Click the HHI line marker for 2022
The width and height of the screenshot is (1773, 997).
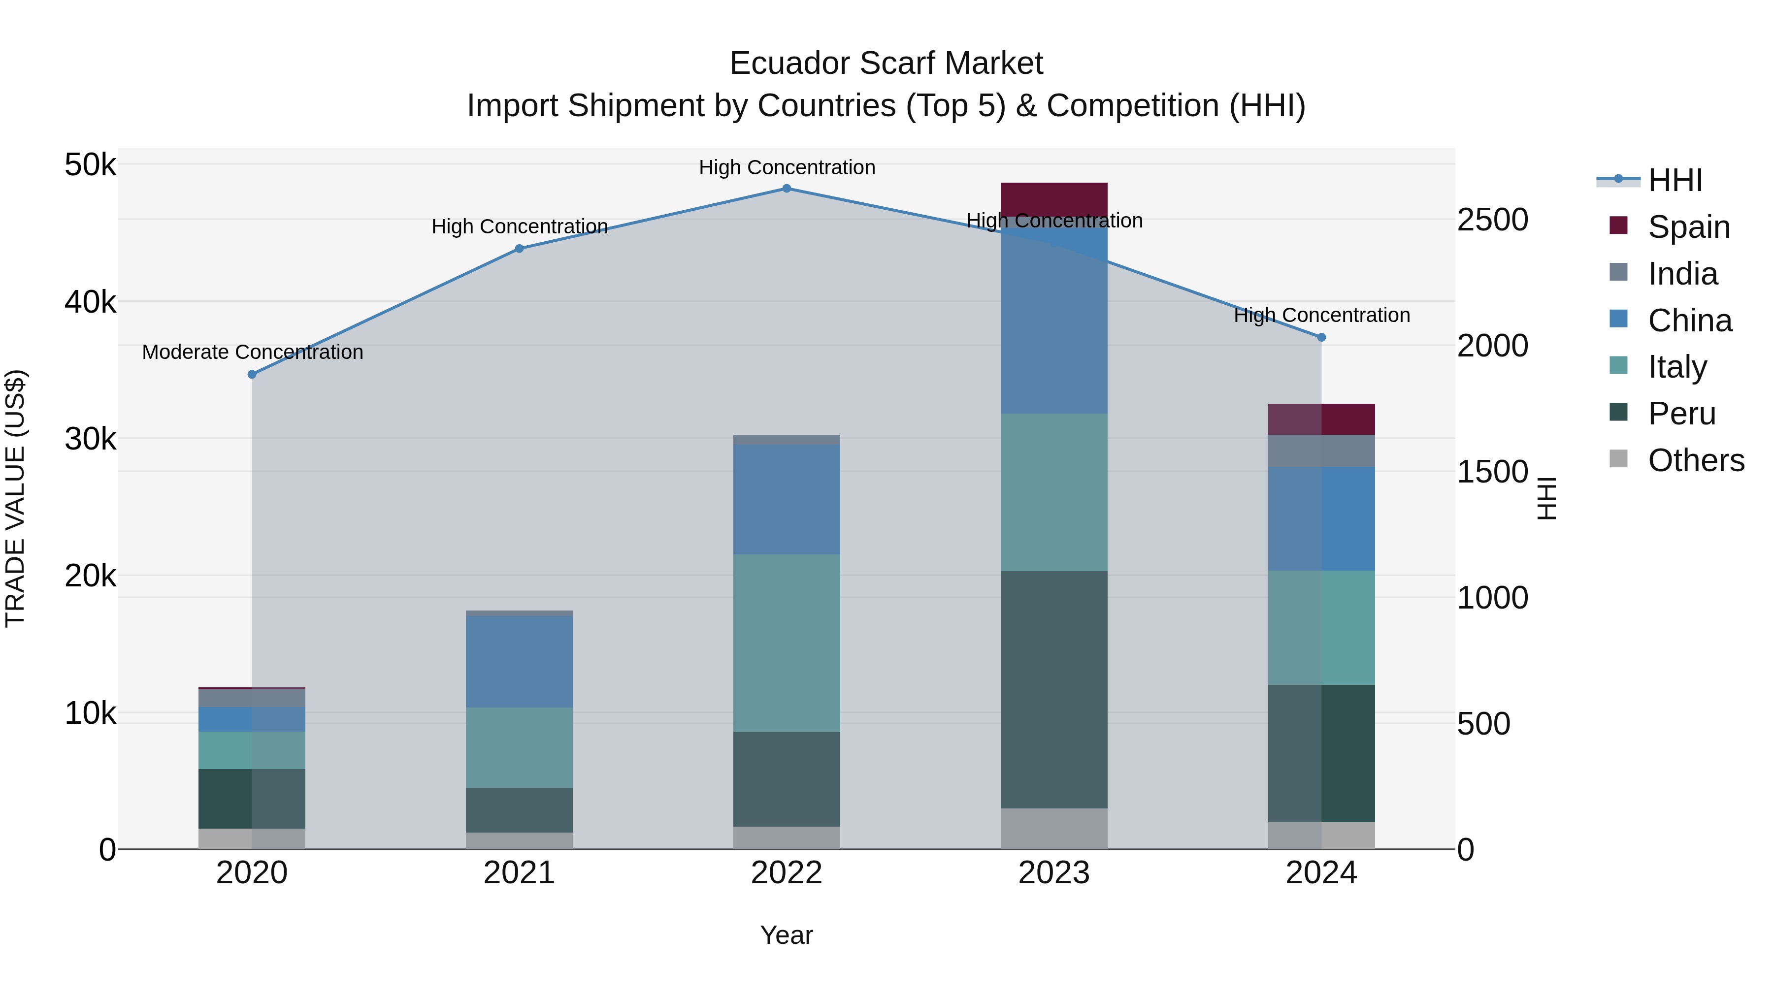(787, 189)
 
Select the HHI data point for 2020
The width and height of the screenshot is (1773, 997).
(252, 374)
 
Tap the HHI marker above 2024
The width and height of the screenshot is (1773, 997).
(1321, 337)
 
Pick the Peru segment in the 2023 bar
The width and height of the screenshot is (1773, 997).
(1054, 689)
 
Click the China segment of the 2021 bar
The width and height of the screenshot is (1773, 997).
(519, 661)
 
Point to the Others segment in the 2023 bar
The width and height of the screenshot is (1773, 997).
(1054, 829)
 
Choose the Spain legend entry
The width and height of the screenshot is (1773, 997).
(1688, 227)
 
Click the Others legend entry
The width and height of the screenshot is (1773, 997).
(1696, 460)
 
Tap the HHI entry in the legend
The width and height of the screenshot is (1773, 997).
(1674, 180)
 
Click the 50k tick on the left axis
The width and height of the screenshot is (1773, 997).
(90, 165)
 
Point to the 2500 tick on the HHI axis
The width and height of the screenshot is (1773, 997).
(1492, 220)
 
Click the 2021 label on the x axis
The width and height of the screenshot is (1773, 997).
(519, 873)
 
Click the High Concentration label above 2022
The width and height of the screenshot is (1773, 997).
(787, 168)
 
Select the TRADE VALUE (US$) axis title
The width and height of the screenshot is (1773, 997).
(15, 498)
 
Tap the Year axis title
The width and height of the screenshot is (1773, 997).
(787, 935)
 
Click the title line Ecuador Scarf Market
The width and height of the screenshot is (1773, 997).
(886, 64)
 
